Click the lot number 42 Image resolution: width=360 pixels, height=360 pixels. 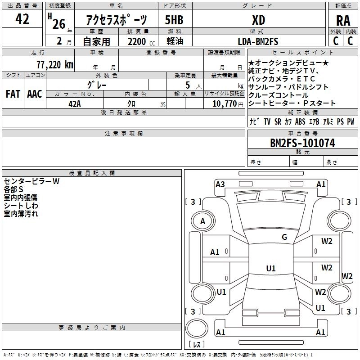pos(22,19)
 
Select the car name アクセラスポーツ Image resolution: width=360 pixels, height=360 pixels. pos(116,21)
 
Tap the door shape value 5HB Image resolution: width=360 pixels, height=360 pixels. pos(174,21)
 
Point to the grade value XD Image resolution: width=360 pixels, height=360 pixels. pos(258,20)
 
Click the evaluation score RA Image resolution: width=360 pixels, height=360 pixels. pos(343,21)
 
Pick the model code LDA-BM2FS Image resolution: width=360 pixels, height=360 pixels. pos(258,41)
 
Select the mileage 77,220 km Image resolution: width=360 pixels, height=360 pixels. pos(54,64)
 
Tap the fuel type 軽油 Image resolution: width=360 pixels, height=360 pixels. pos(174,41)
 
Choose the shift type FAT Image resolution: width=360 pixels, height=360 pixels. pos(12,94)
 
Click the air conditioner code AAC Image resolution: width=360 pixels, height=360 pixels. pos(34,94)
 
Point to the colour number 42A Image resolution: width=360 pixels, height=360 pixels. pos(75,103)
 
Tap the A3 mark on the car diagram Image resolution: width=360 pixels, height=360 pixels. pos(220,184)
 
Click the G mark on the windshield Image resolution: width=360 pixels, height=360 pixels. pos(284,237)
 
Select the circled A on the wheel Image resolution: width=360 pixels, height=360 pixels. pos(202,221)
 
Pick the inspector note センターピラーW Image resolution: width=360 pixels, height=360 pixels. pos(31,182)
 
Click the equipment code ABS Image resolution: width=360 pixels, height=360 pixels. pos(300,122)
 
